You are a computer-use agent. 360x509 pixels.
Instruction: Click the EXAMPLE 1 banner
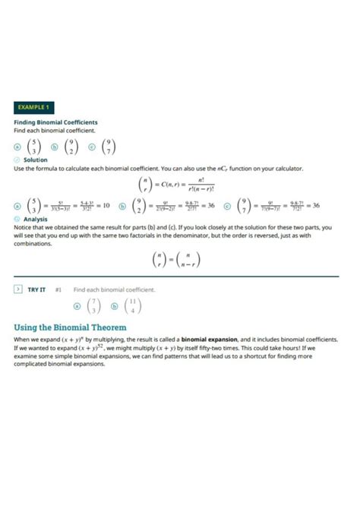(33, 108)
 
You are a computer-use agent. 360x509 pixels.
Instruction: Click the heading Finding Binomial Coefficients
(55, 122)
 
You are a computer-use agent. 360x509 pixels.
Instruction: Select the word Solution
(36, 160)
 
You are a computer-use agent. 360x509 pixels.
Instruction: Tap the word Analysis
(36, 219)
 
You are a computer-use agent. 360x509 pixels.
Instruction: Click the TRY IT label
(37, 289)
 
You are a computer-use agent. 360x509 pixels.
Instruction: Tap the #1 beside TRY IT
(58, 289)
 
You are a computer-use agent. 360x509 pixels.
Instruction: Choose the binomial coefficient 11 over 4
(134, 306)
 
